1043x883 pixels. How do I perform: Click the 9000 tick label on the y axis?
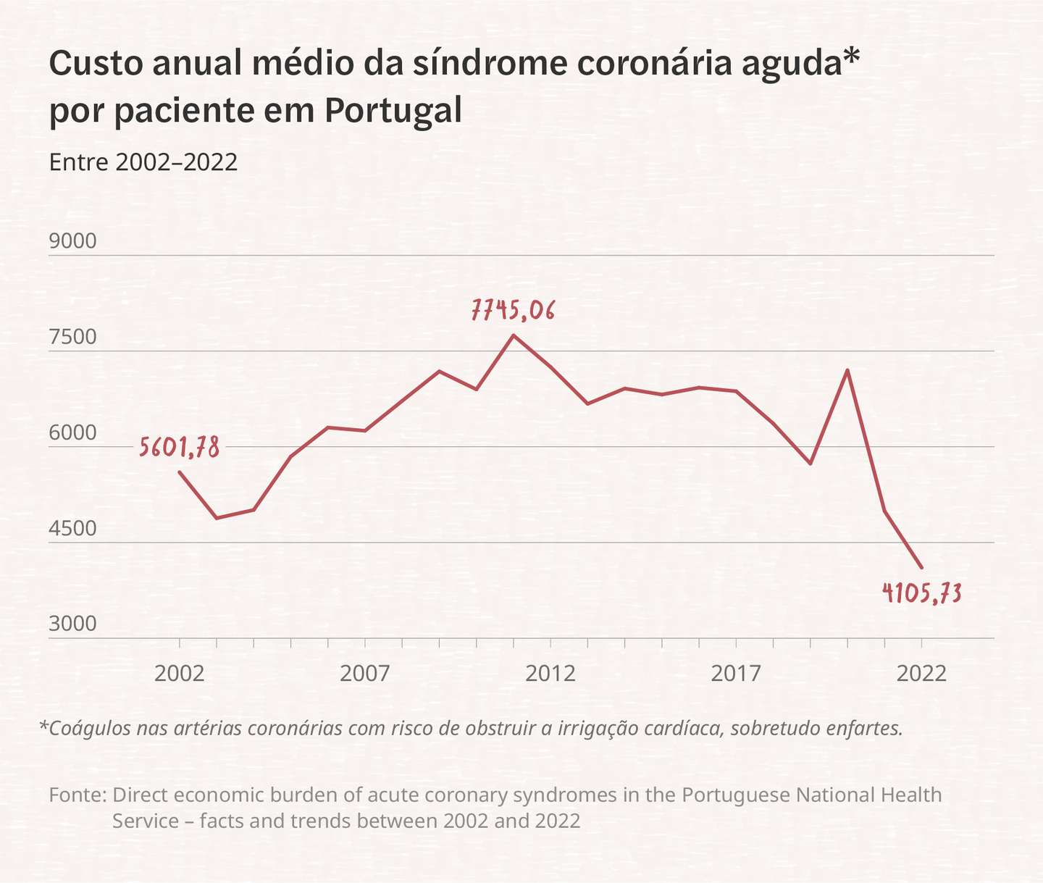[x=72, y=241]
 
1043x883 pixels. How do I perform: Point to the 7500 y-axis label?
[x=72, y=337]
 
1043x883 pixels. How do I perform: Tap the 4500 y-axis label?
[x=72, y=528]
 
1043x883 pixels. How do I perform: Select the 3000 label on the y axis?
[x=72, y=624]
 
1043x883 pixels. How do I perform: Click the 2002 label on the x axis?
[x=179, y=674]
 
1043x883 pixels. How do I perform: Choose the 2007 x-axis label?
[x=365, y=674]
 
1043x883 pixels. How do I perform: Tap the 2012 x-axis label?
[x=550, y=674]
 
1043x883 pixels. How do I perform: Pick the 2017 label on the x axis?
[x=736, y=674]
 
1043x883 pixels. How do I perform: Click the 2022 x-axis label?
[x=921, y=674]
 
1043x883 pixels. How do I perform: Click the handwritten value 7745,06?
[x=513, y=310]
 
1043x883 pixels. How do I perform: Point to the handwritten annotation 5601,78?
[x=179, y=447]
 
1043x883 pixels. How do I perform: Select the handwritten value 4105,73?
[x=922, y=593]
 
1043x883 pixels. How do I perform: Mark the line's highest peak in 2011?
[x=514, y=335]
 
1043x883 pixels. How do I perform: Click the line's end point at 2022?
[x=922, y=568]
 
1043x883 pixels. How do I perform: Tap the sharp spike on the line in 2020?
[x=847, y=370]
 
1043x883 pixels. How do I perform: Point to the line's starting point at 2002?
[x=180, y=472]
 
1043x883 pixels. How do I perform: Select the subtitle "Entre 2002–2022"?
[x=143, y=162]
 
